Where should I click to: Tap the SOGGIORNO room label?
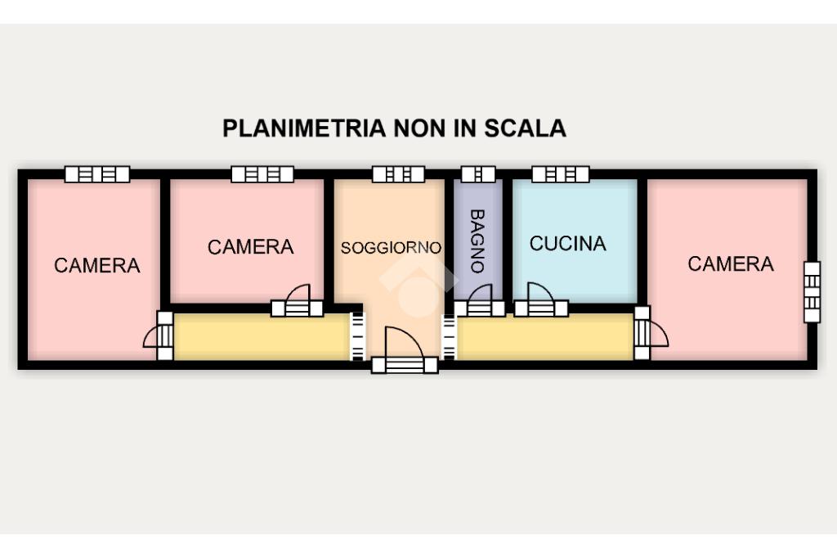pyautogui.click(x=391, y=247)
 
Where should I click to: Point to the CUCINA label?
pyautogui.click(x=567, y=244)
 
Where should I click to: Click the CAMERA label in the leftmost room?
pyautogui.click(x=96, y=265)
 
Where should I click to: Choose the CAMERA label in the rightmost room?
pyautogui.click(x=730, y=263)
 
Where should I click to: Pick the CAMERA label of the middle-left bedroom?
pyautogui.click(x=250, y=246)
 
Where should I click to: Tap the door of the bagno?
pyautogui.click(x=480, y=302)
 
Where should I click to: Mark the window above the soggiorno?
pyautogui.click(x=398, y=174)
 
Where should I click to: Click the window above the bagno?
pyautogui.click(x=478, y=174)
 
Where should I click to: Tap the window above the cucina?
pyautogui.click(x=560, y=174)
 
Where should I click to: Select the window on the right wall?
pyautogui.click(x=811, y=292)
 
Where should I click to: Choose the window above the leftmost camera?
pyautogui.click(x=97, y=174)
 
